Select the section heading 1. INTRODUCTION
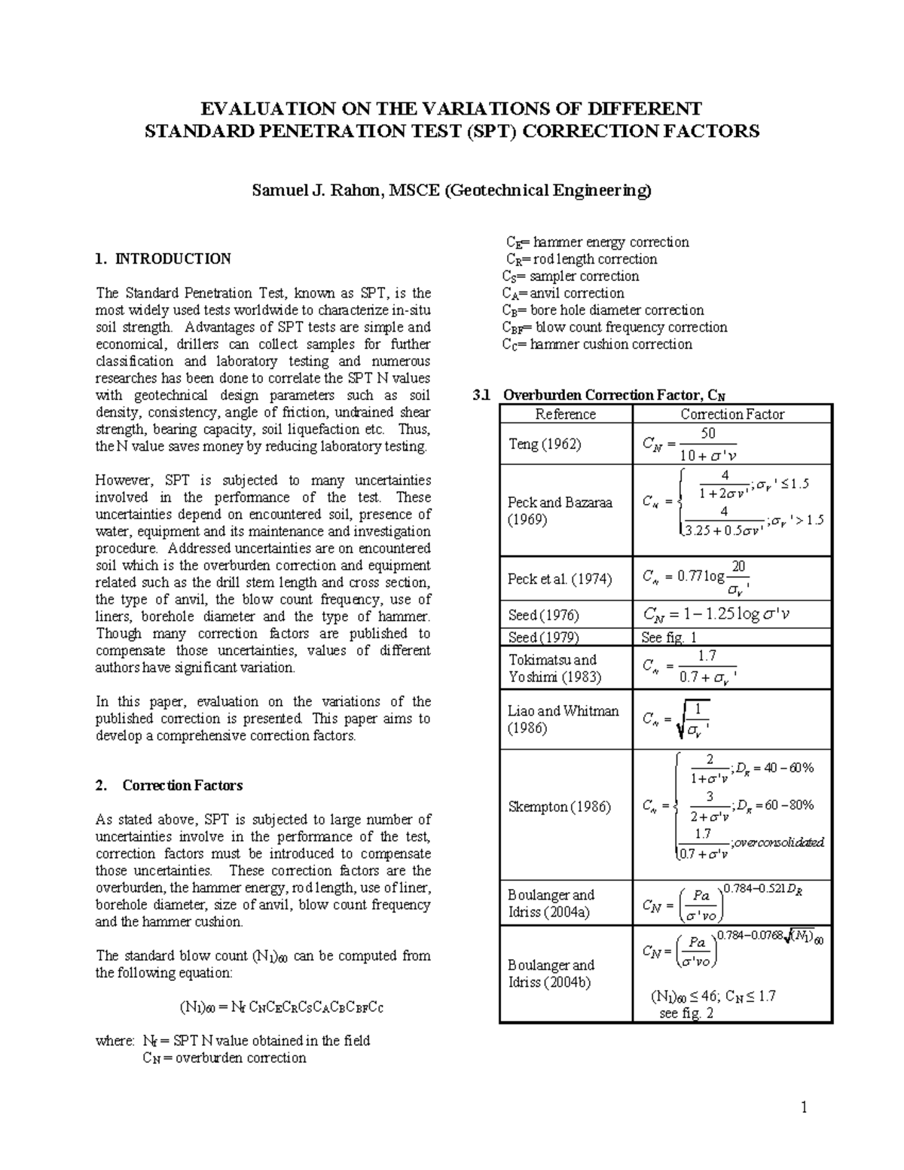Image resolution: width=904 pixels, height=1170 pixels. coord(163,259)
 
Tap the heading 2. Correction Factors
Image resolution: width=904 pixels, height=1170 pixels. coord(169,786)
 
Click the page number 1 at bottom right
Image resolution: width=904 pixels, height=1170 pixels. coord(804,1107)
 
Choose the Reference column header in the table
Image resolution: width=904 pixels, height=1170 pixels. coord(565,414)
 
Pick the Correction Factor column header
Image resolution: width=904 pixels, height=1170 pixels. coord(732,414)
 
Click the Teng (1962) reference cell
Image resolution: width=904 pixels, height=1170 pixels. coord(545,444)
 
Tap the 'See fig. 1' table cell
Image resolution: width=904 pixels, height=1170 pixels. coord(669,637)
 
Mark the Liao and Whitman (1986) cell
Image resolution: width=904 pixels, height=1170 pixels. coord(563,719)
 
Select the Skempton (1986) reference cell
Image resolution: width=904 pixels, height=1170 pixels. coord(559,807)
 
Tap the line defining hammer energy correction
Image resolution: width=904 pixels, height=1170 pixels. coord(597,243)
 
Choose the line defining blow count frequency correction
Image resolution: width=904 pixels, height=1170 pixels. coord(615,328)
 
